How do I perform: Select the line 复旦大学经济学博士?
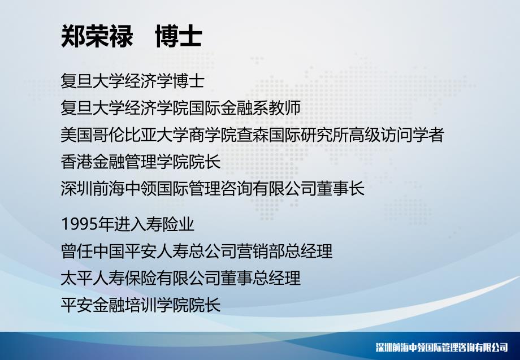(x=132, y=81)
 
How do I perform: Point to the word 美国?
(x=77, y=135)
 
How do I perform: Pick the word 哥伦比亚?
(x=124, y=135)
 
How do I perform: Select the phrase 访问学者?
(x=412, y=135)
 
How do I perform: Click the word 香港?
(x=77, y=162)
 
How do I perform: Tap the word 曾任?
(x=77, y=251)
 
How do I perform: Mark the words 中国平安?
(x=124, y=251)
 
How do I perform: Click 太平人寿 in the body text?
(x=93, y=278)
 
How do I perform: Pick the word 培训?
(x=140, y=305)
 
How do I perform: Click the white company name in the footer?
(x=442, y=348)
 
